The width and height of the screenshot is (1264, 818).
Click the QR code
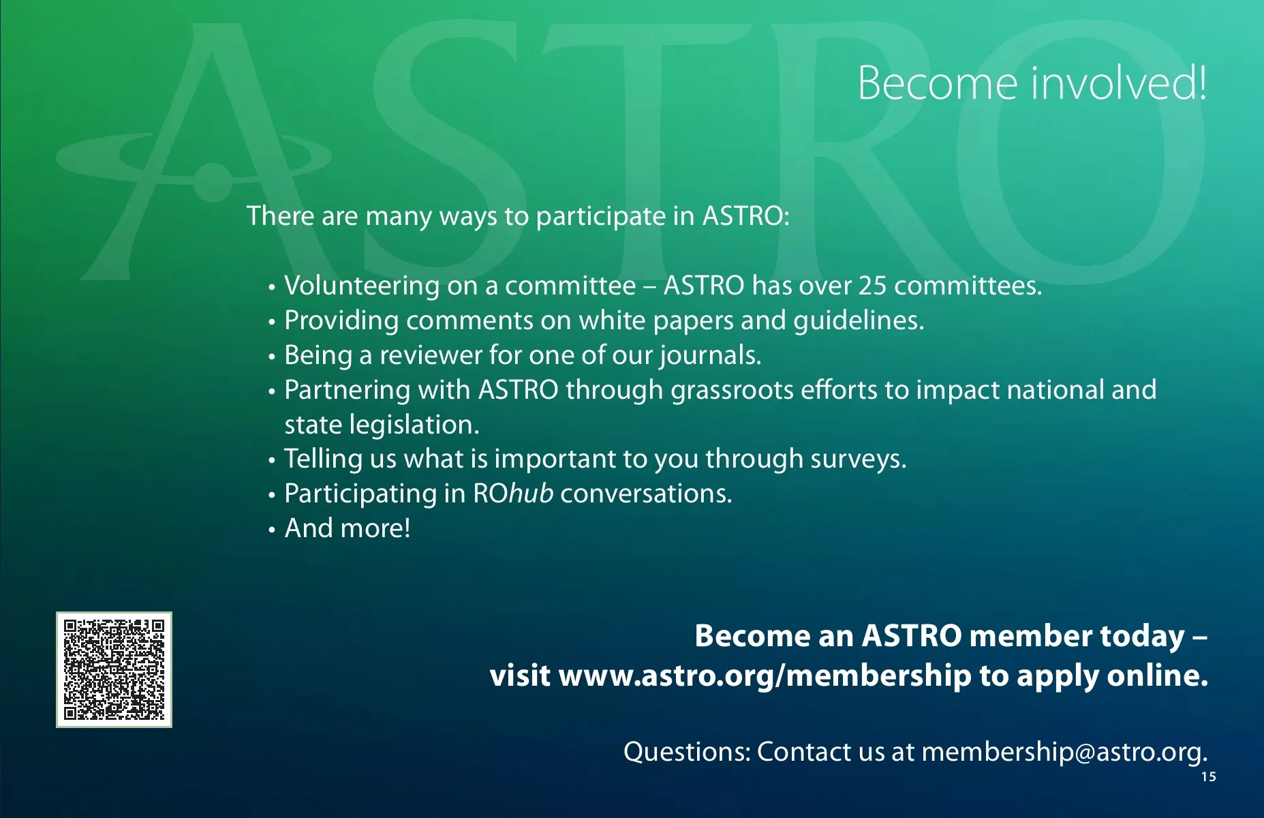[x=114, y=669]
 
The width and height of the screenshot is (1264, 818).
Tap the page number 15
[x=1208, y=777]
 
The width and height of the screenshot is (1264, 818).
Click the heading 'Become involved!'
[x=1032, y=83]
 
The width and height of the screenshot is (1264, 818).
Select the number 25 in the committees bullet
[x=872, y=286]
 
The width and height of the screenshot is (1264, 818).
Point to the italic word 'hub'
[x=531, y=494]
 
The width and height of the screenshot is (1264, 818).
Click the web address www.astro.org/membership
[x=765, y=676]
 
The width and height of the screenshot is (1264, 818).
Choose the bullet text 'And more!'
[x=348, y=528]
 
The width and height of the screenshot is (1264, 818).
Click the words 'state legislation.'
[x=382, y=425]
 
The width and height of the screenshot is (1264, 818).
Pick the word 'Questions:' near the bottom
[x=687, y=753]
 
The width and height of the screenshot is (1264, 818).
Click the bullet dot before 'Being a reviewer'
[x=271, y=357]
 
